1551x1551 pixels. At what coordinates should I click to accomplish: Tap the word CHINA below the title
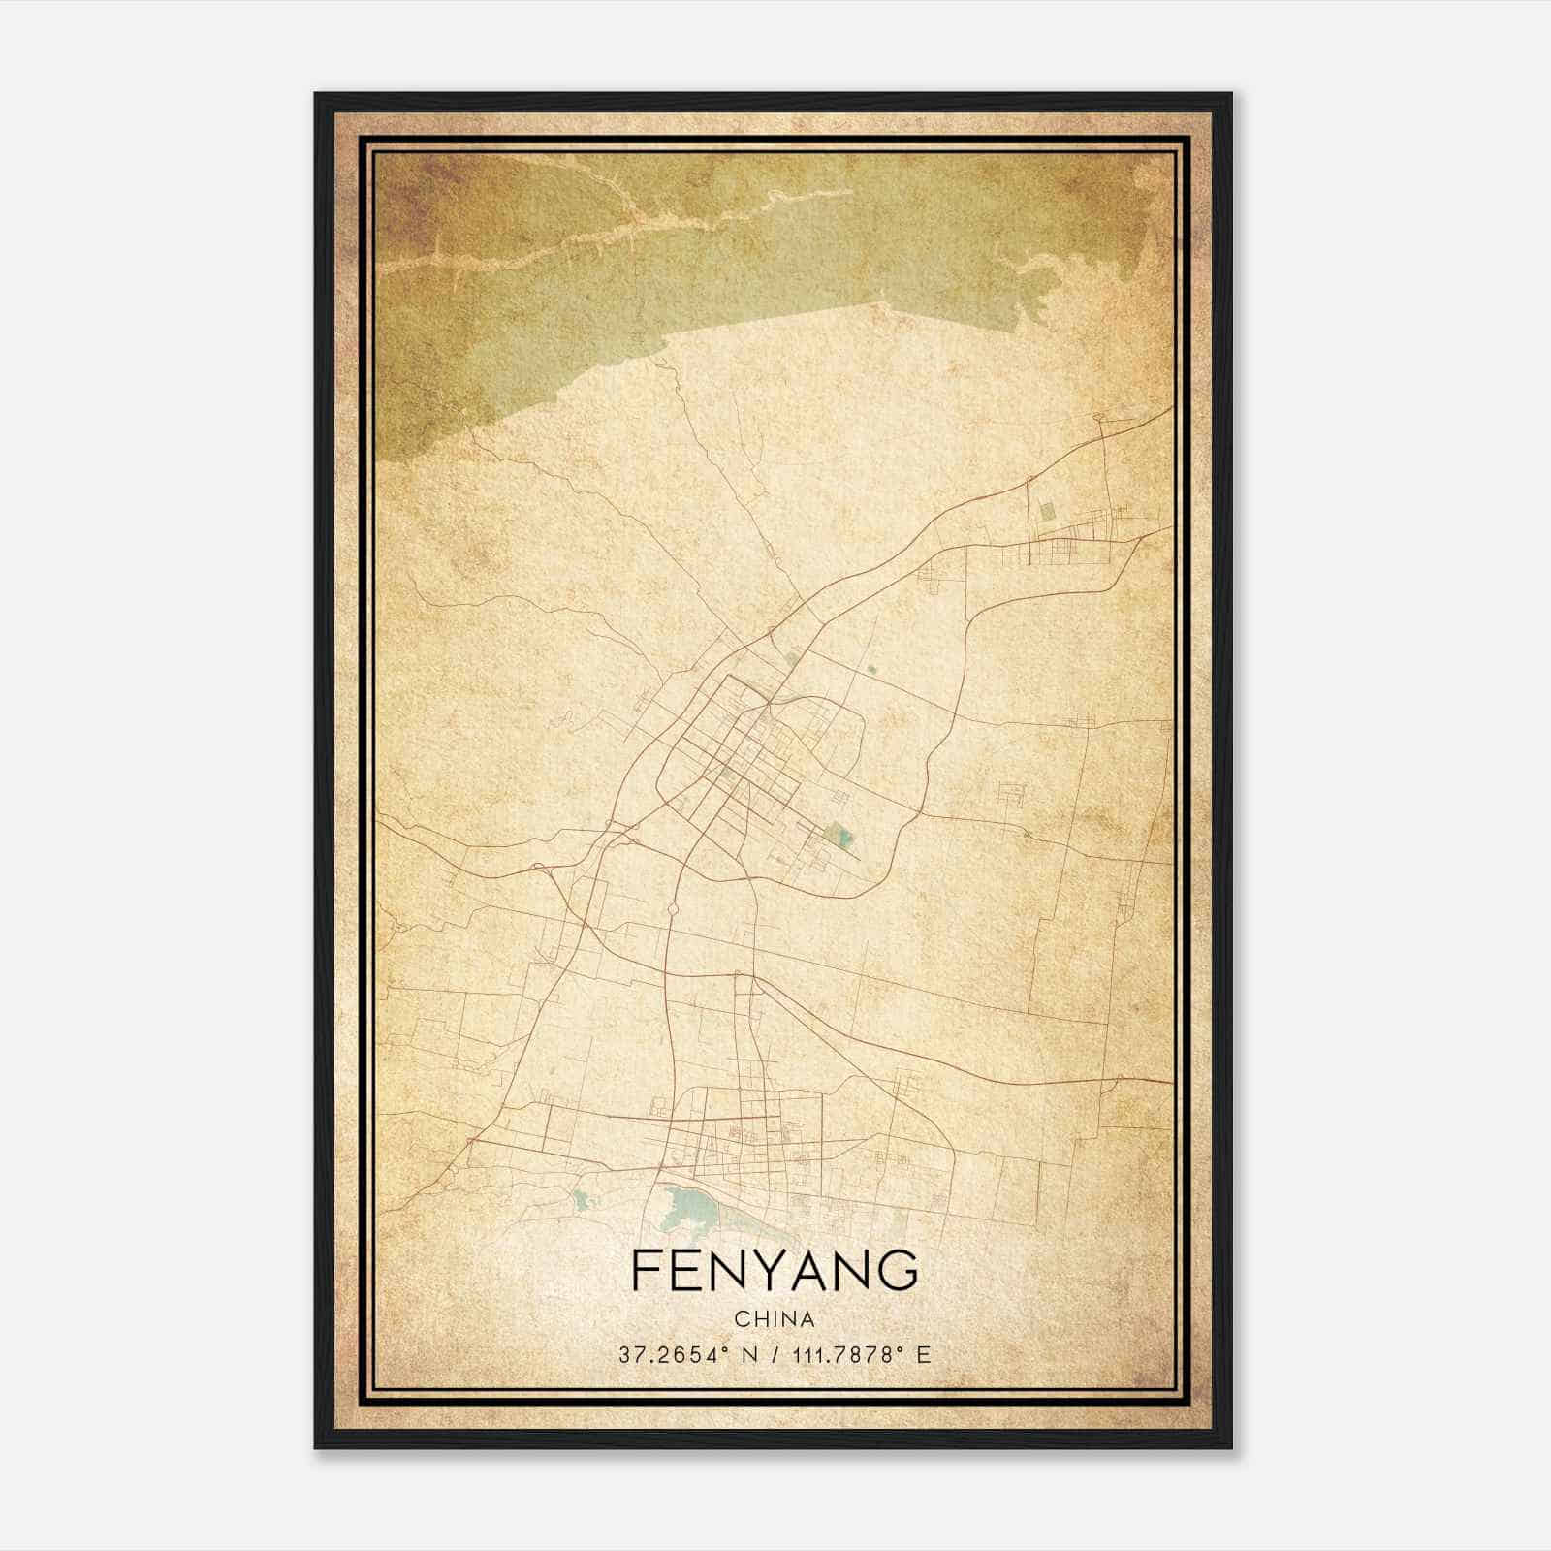(x=775, y=1319)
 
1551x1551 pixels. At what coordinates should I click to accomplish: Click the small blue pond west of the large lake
(x=581, y=1200)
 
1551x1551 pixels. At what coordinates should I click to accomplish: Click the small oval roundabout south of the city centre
(x=672, y=910)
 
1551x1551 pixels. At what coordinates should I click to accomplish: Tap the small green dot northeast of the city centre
(x=870, y=669)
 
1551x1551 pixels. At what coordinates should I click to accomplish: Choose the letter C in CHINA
(x=741, y=1319)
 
